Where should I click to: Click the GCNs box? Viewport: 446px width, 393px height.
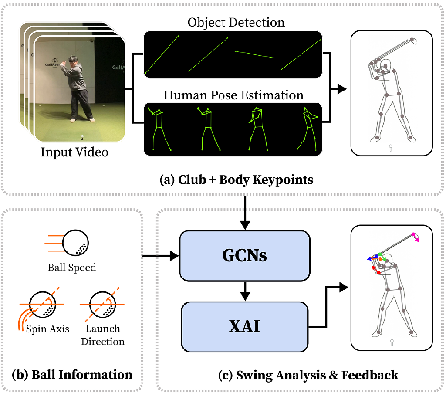pos(245,255)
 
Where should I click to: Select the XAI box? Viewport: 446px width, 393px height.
pos(245,327)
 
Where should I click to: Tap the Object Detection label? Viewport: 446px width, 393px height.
pos(236,22)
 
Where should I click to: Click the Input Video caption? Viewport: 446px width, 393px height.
pos(74,152)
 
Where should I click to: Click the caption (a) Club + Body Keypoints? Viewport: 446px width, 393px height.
pos(237,180)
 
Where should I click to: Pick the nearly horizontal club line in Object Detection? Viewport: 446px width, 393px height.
pos(254,54)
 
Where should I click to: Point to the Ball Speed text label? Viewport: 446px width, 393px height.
pos(72,267)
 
